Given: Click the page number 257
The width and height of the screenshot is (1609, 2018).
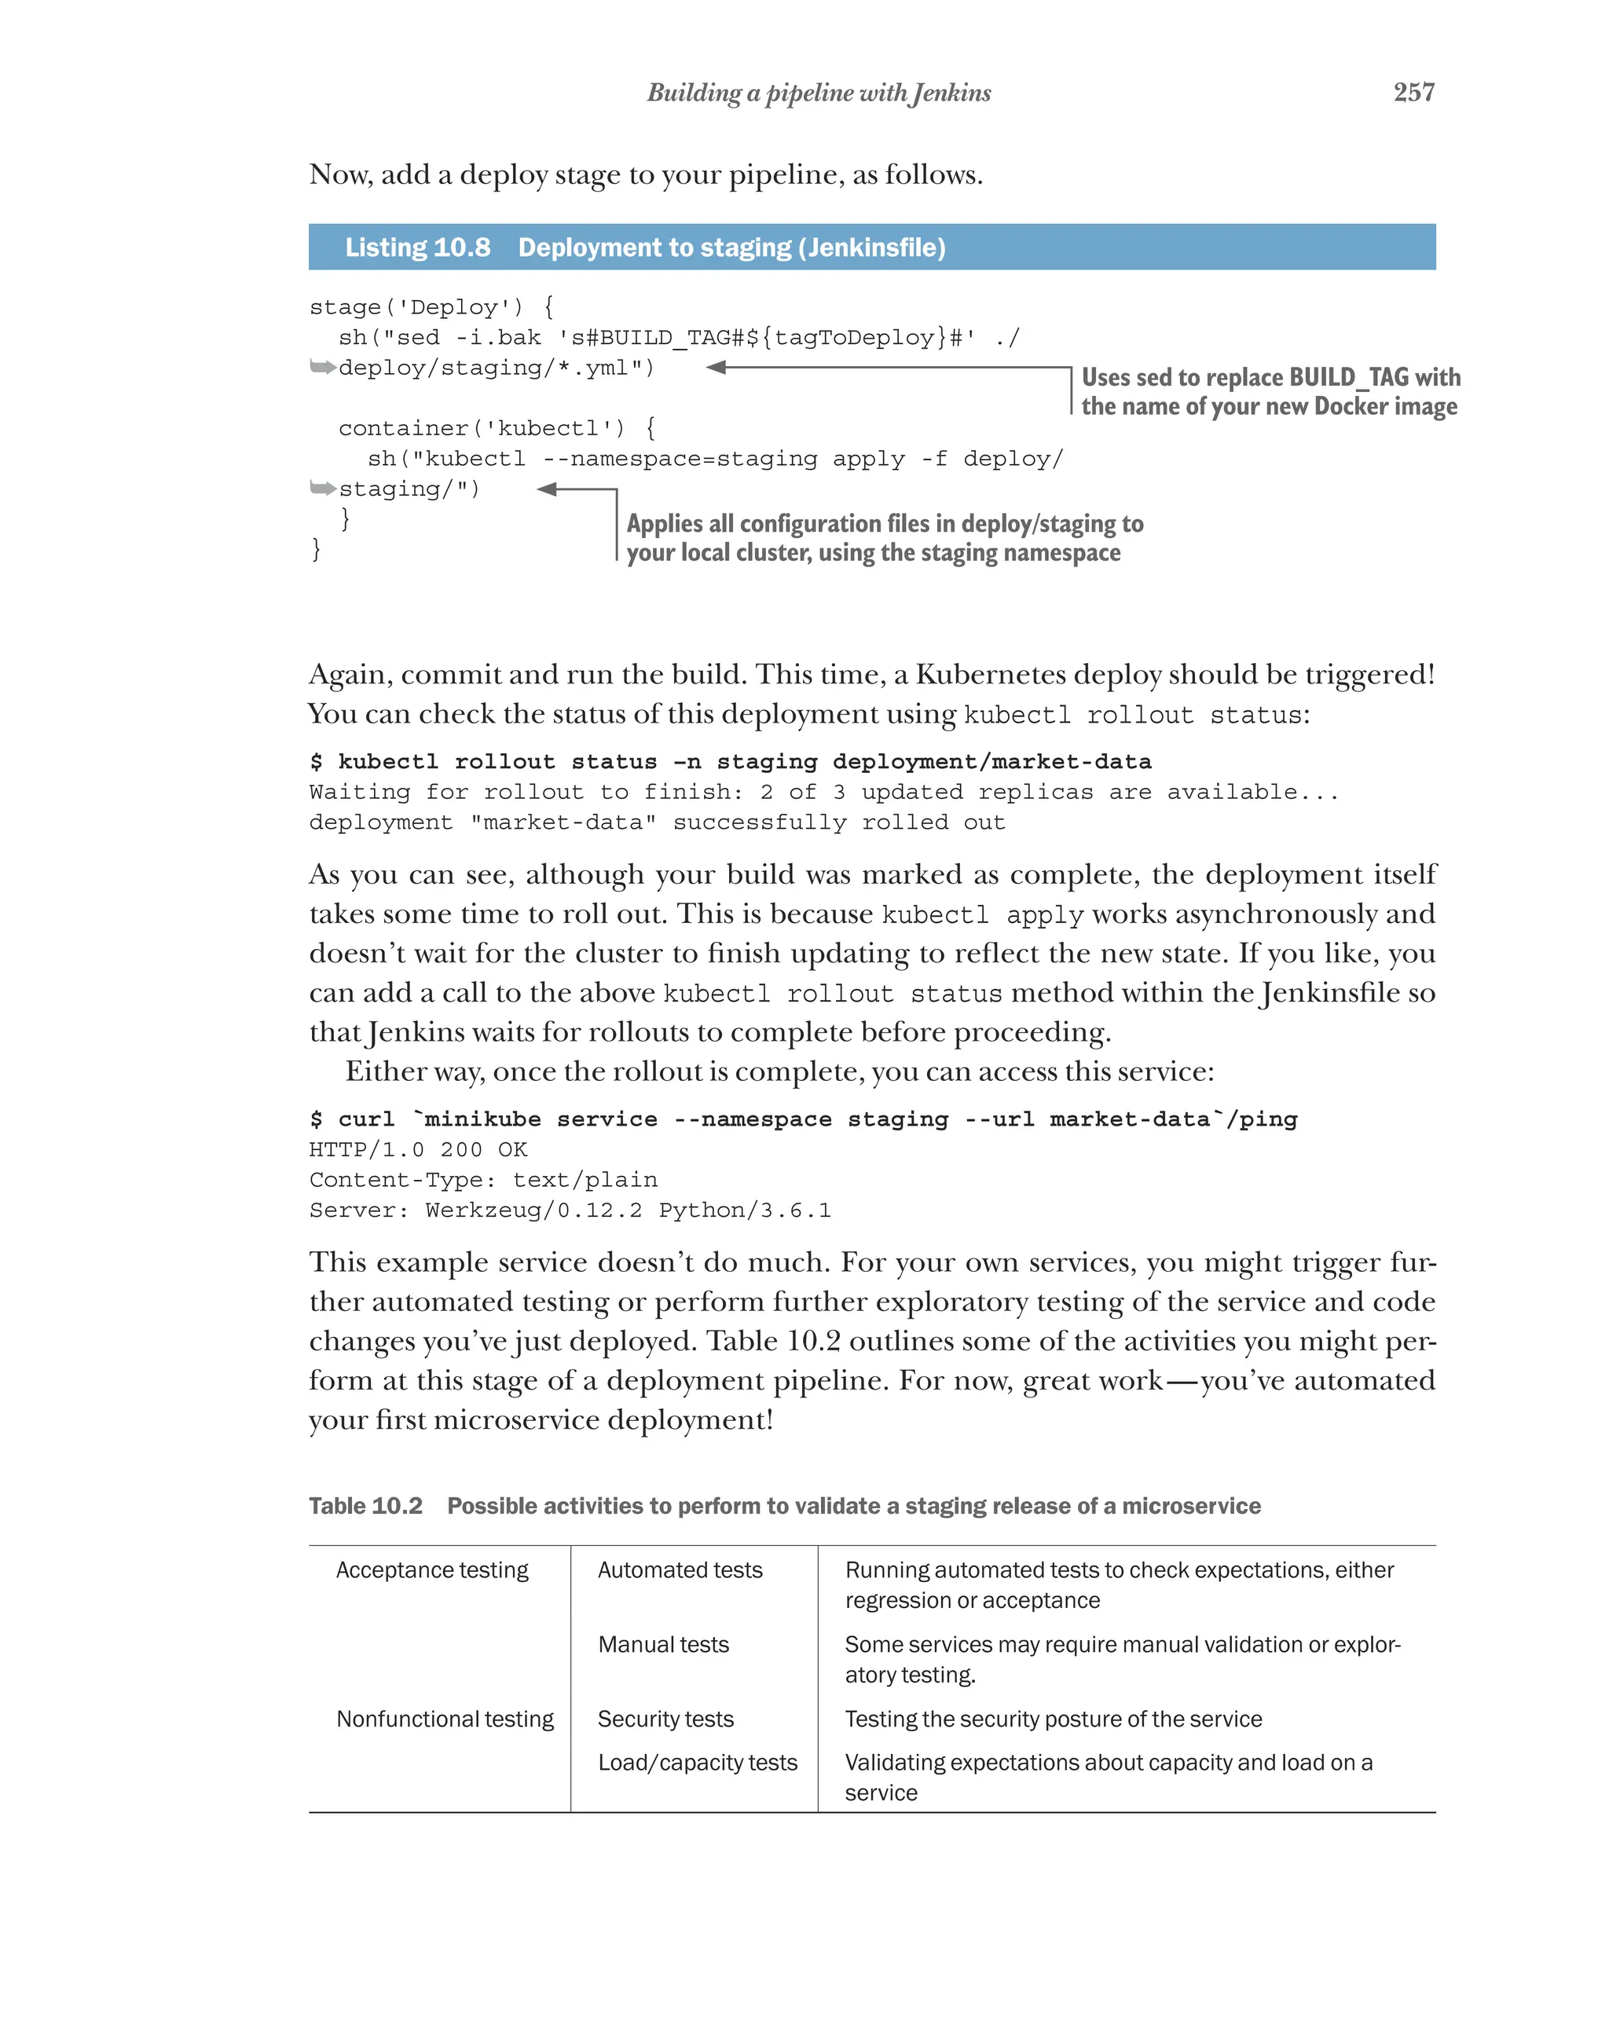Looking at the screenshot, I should [1413, 92].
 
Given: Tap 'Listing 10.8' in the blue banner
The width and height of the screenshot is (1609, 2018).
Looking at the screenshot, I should [417, 247].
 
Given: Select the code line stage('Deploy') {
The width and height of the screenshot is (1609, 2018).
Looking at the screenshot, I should [431, 307].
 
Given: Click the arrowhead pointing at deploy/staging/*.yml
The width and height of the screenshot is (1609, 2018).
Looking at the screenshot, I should [717, 368].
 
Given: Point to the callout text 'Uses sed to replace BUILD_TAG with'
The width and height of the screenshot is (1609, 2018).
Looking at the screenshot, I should [1270, 377].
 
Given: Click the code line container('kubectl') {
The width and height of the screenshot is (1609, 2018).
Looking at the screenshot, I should [497, 429].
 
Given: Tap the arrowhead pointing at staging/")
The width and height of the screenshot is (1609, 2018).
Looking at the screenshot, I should [548, 489].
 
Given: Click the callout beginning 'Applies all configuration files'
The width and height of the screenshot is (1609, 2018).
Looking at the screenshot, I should [884, 524].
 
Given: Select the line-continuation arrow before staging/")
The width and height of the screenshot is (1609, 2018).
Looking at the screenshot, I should [322, 489].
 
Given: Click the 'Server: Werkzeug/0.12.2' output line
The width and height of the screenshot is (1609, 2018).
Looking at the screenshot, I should [569, 1210].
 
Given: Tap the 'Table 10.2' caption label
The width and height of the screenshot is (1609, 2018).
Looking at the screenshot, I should [365, 1506].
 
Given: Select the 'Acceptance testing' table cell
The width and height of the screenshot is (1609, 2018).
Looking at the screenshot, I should [431, 1569].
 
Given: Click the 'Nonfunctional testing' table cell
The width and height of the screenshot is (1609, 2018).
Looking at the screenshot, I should [445, 1720].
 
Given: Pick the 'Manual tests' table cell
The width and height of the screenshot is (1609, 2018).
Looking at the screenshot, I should [663, 1645].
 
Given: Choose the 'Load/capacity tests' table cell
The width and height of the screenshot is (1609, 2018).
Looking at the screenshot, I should [698, 1763].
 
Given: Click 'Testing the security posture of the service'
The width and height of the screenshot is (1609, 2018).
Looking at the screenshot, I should [1052, 1720].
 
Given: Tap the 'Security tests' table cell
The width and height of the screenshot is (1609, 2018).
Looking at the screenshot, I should [665, 1720].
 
